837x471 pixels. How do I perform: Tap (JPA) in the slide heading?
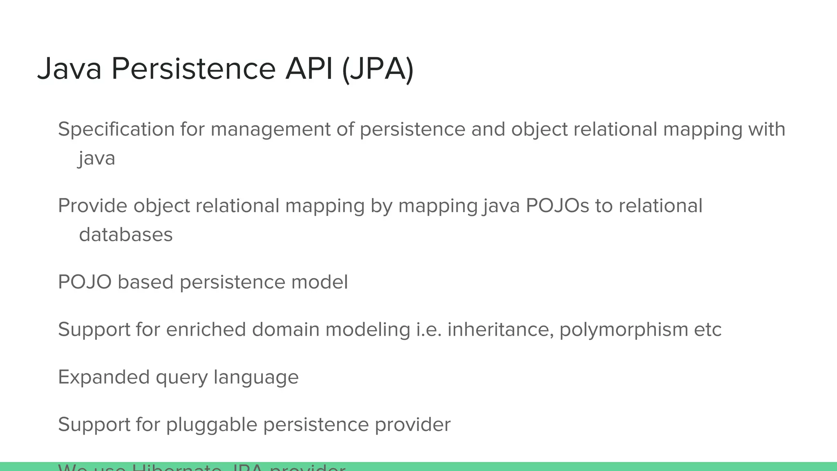click(378, 69)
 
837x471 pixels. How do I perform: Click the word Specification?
click(116, 129)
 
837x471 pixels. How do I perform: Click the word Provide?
click(92, 206)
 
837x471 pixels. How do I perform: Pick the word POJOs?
click(557, 206)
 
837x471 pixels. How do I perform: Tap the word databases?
click(126, 235)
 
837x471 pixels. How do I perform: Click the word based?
click(145, 282)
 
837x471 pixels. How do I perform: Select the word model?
click(320, 282)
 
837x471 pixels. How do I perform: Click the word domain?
click(286, 330)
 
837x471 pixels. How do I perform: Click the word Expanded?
click(104, 377)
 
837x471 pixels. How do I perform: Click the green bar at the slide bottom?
click(572, 467)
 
